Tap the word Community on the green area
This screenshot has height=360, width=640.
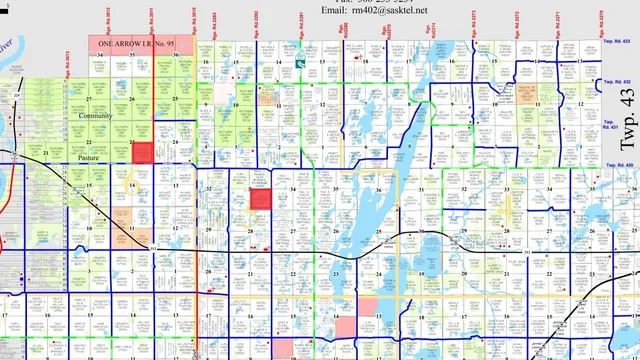[x=96, y=116]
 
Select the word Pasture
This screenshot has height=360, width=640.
[x=96, y=157]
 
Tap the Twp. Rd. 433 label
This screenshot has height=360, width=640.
[x=620, y=59]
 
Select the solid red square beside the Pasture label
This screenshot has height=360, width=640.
[x=142, y=152]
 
